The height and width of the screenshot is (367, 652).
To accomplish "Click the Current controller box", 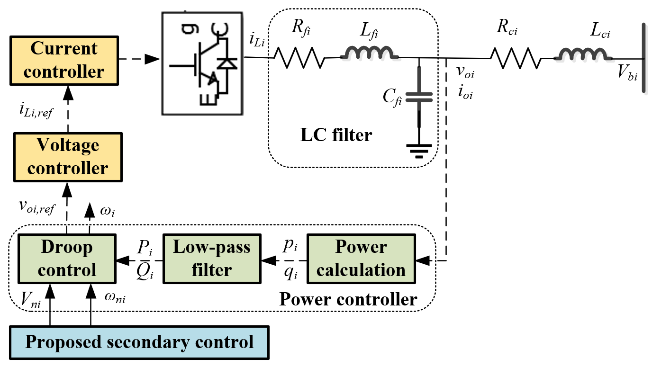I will (64, 60).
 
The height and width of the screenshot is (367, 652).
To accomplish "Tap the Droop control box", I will (67, 259).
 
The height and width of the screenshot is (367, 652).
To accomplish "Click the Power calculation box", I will (361, 259).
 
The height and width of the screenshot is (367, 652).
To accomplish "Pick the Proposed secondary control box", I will (139, 342).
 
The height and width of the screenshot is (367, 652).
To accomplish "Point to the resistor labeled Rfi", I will (299, 58).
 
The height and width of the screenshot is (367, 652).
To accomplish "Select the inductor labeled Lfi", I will (369, 53).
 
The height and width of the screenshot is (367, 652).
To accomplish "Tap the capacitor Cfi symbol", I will (419, 97).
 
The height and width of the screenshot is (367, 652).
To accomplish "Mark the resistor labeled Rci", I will (516, 58).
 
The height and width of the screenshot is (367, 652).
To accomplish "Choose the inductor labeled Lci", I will (583, 54).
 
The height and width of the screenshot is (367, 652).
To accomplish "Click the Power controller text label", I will (348, 299).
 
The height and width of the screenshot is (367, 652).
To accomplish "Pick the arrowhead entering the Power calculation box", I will (423, 260).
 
